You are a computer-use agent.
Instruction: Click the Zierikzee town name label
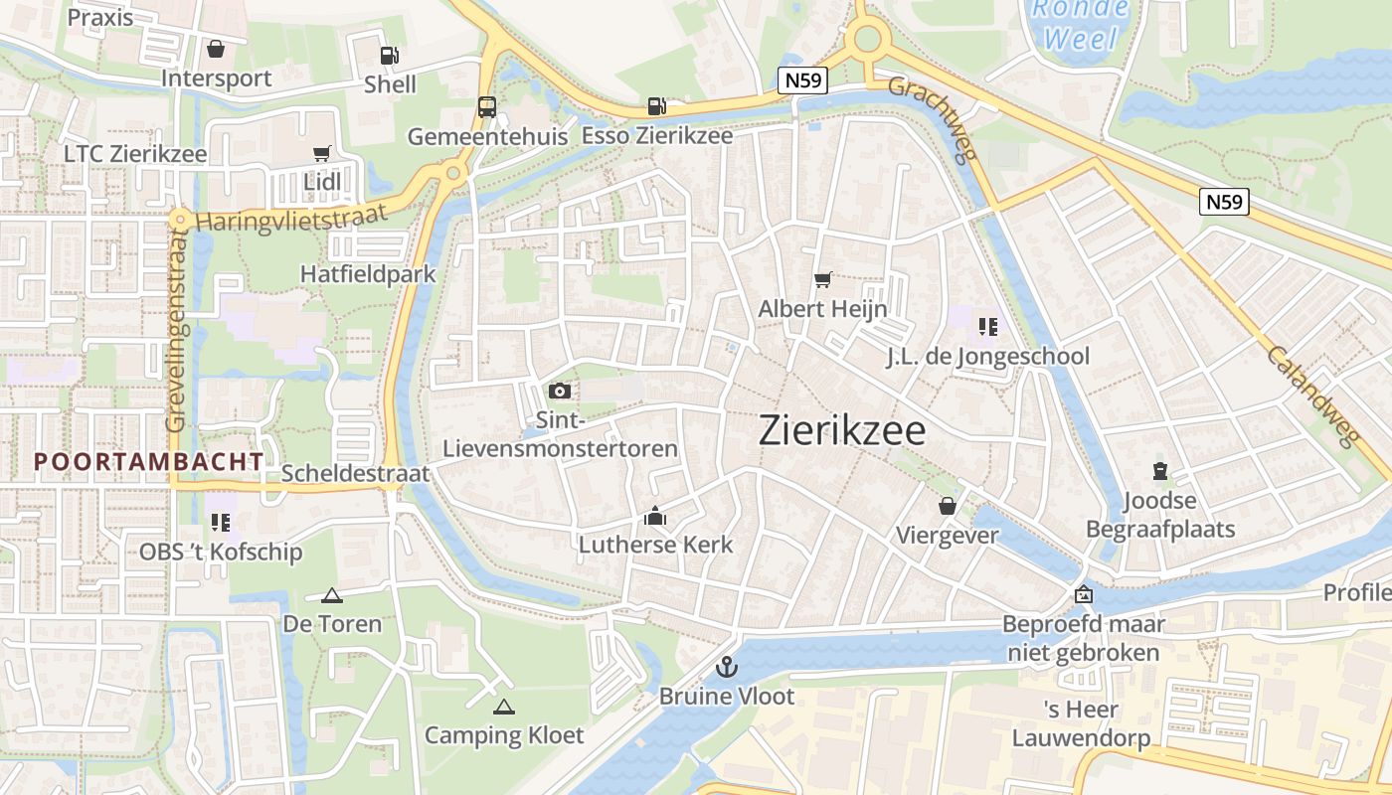842,430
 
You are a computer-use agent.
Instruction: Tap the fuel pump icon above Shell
391,56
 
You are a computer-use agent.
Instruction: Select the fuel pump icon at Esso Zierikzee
656,105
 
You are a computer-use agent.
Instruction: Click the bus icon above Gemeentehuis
487,106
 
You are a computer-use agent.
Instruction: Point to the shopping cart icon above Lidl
321,153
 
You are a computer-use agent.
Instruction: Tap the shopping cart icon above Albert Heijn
822,280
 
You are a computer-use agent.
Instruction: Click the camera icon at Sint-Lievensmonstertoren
560,391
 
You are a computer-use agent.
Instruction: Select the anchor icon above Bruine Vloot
727,666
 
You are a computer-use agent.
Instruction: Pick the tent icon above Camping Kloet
504,707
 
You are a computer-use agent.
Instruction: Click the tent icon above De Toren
332,595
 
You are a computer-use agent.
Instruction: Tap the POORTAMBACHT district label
149,461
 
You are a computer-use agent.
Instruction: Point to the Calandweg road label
1312,397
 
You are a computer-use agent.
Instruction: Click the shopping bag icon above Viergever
948,507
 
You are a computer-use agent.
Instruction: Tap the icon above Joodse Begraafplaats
1159,470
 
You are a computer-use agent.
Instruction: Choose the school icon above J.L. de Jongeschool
987,326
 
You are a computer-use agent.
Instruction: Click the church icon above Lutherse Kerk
655,515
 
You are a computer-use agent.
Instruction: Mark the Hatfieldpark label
368,273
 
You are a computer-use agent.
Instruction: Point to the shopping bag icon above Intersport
216,49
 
